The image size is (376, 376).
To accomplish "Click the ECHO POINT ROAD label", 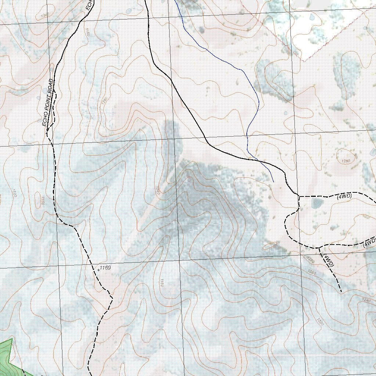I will tap(48, 103).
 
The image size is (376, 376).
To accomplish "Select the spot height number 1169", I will tap(105, 268).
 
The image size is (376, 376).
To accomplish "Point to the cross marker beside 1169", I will tap(98, 270).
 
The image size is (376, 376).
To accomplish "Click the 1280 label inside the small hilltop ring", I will tap(346, 161).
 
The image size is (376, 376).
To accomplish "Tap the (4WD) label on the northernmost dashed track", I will tap(344, 196).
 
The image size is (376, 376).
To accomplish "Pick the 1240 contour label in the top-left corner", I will tap(45, 15).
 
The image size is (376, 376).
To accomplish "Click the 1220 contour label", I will tap(320, 322).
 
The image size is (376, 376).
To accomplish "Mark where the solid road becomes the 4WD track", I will tap(299, 196).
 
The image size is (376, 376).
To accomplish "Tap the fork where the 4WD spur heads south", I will tap(319, 247).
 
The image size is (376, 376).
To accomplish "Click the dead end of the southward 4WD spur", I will tap(341, 292).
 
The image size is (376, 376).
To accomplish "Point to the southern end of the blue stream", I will tap(274, 182).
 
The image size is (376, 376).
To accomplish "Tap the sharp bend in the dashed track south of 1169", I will tap(111, 297).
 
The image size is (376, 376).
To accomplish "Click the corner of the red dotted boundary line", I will tap(302, 60).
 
